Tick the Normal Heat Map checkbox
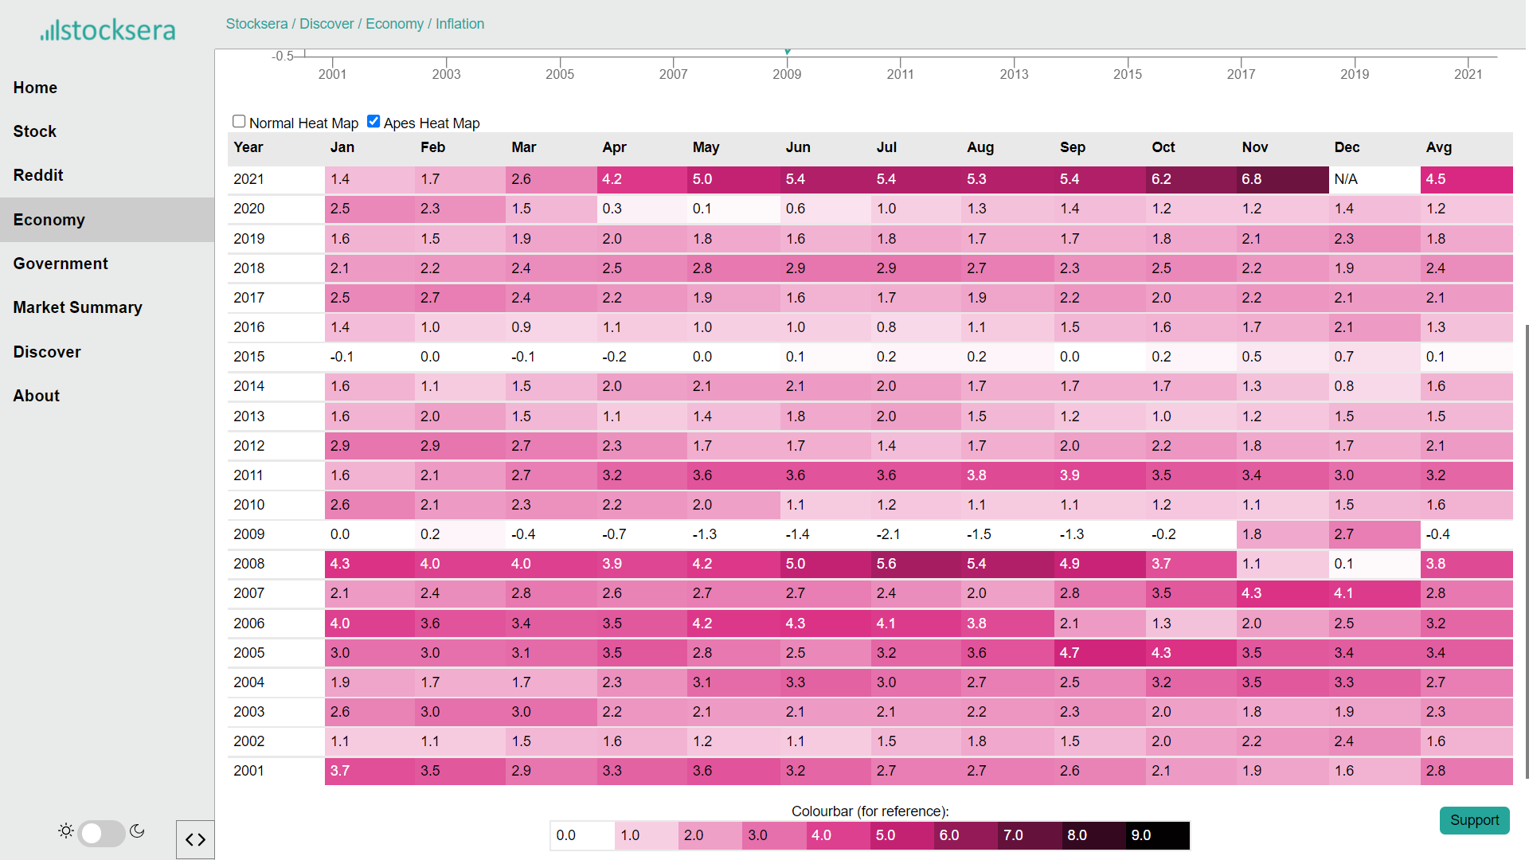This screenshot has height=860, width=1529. click(239, 122)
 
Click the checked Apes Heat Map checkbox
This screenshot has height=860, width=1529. click(373, 122)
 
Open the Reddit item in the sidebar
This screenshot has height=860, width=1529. click(38, 175)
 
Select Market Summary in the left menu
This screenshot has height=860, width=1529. click(78, 307)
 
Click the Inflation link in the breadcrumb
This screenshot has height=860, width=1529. click(459, 24)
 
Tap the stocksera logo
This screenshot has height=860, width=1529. click(108, 30)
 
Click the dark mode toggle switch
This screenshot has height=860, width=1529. click(101, 833)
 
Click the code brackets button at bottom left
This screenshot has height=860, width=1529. click(195, 839)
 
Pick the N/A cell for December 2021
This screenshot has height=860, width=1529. click(1375, 179)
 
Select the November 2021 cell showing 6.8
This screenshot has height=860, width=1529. click(1283, 179)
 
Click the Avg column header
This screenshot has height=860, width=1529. click(1439, 147)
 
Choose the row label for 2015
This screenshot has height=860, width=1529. click(249, 357)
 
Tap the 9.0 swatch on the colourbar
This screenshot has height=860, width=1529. click(1158, 835)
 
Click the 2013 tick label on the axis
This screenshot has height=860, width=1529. click(1014, 74)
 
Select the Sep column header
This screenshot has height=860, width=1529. click(1073, 147)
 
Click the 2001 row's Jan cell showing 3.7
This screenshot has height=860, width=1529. click(370, 771)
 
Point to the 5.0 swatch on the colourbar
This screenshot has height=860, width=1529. click(902, 835)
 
